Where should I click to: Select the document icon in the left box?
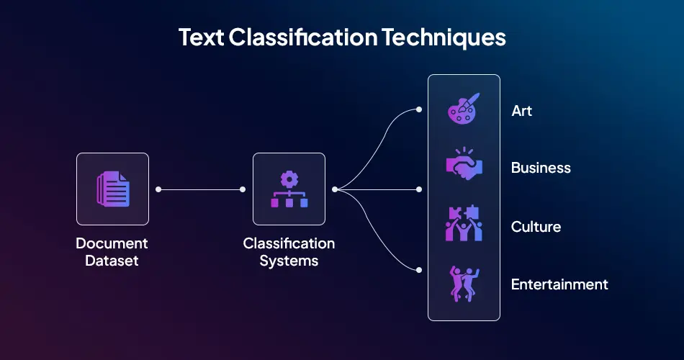(112, 189)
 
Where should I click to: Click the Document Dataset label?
(112, 252)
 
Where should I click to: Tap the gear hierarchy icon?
(289, 189)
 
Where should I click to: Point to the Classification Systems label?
(289, 252)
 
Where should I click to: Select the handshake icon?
(464, 166)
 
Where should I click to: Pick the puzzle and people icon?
(464, 223)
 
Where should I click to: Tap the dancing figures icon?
(464, 283)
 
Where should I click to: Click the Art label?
(521, 111)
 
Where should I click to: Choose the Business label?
(541, 168)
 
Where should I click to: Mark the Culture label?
(536, 227)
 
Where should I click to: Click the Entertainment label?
(559, 284)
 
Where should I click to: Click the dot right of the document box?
(158, 189)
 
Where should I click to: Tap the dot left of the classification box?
(243, 189)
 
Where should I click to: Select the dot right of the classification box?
(335, 189)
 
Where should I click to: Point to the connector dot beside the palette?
(420, 110)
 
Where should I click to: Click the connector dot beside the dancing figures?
(420, 270)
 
